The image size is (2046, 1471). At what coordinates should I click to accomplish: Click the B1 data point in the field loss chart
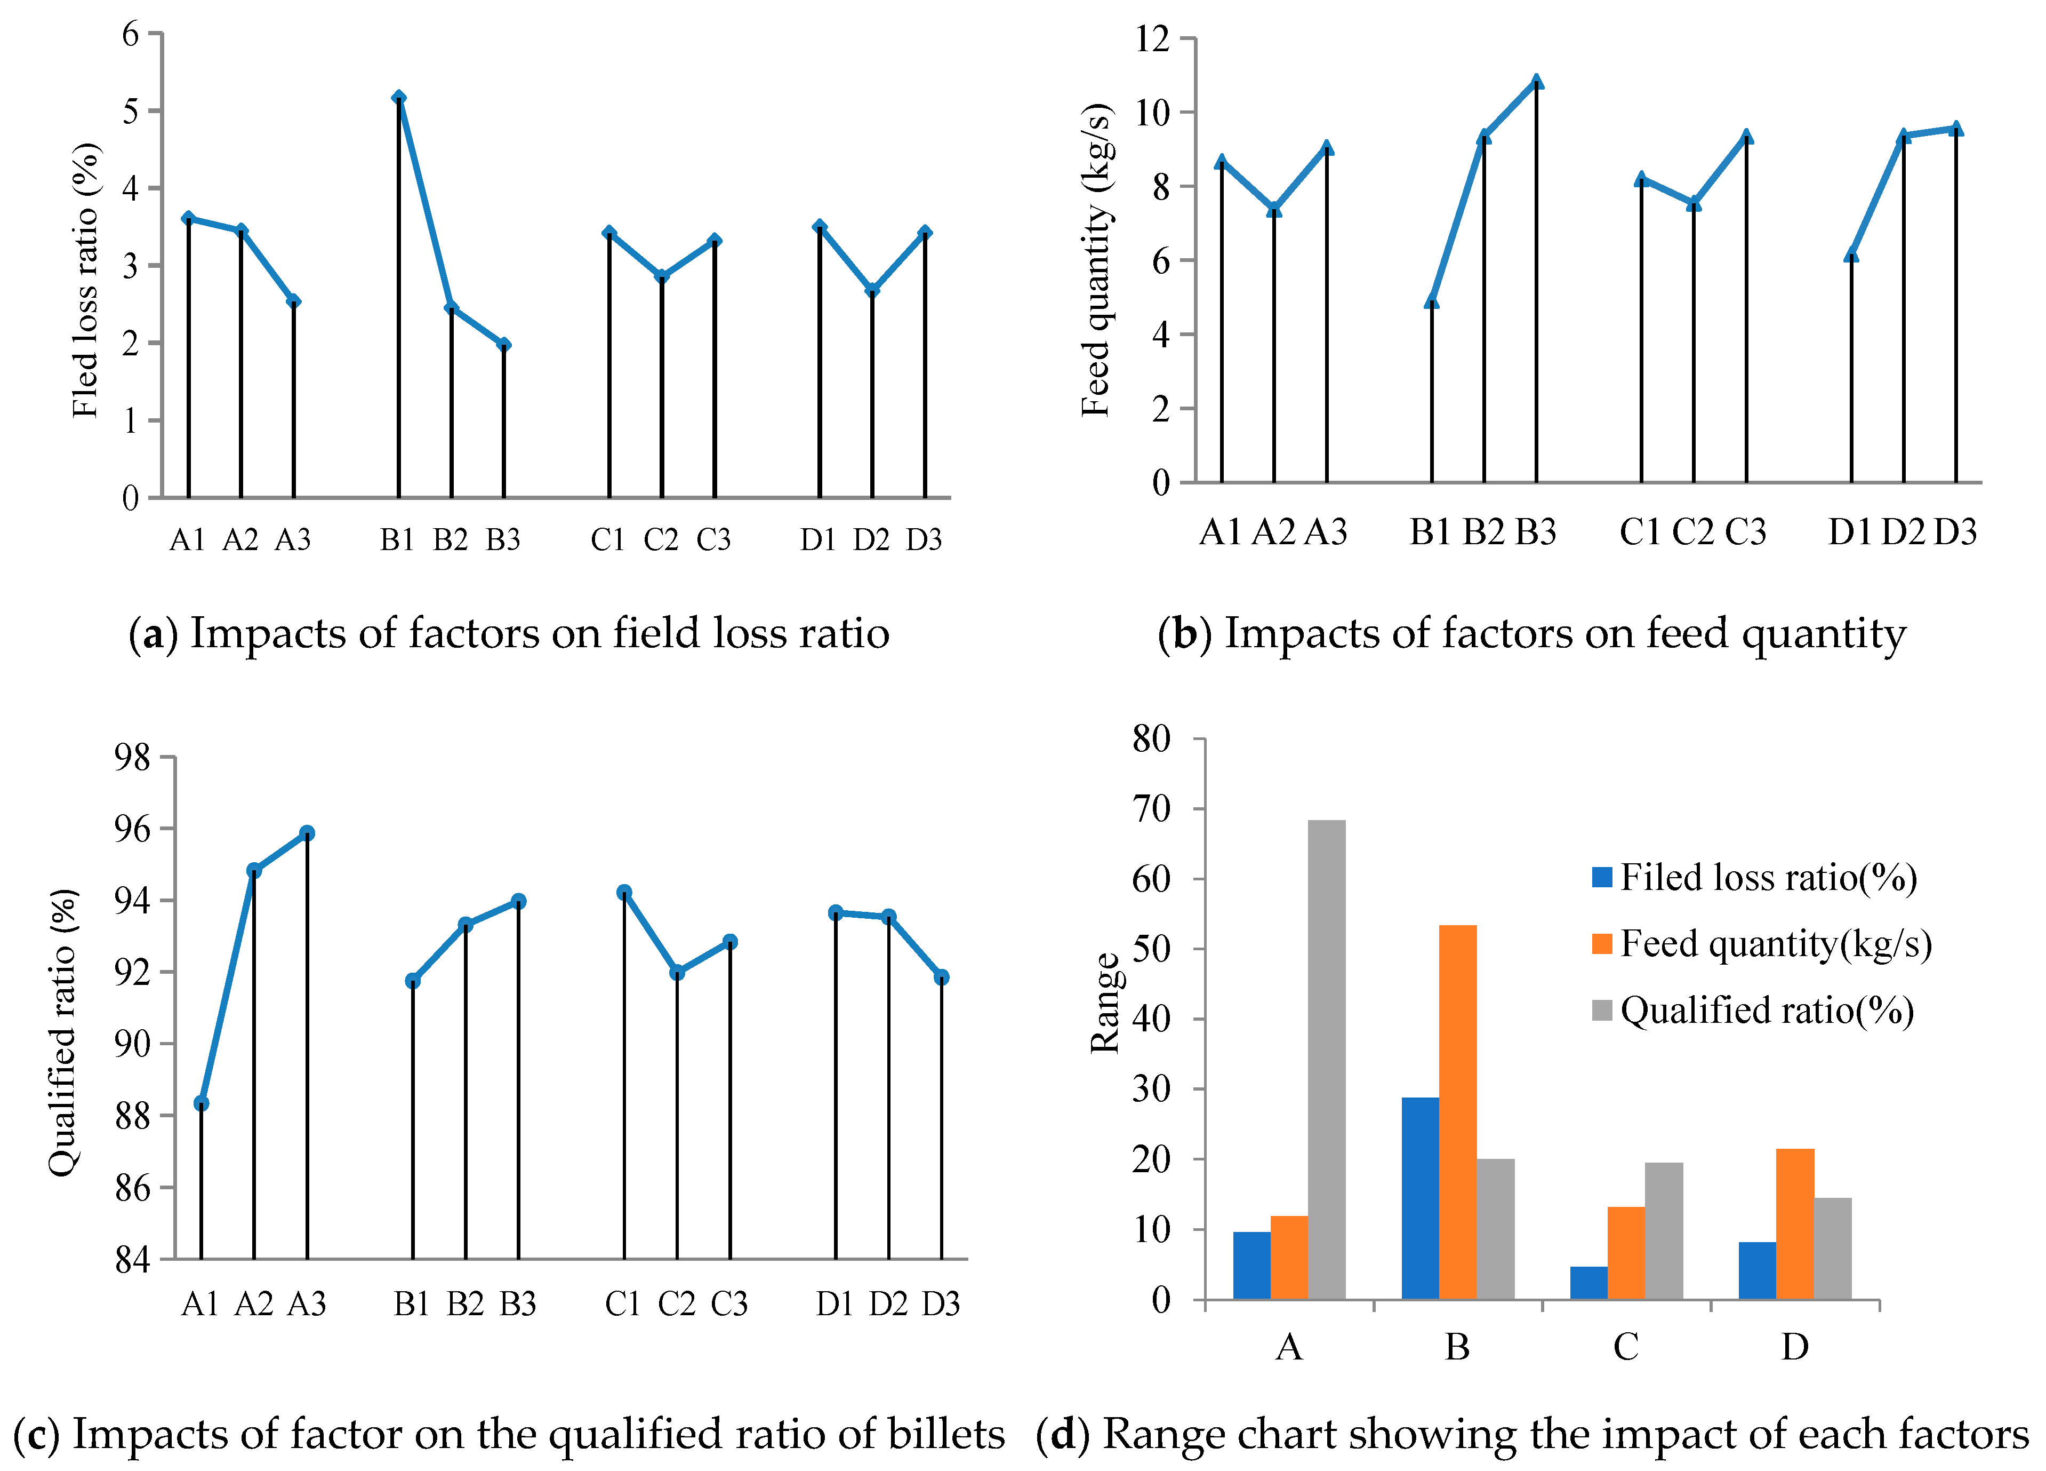pos(399,98)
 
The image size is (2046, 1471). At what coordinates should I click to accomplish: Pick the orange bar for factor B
pos(1458,1112)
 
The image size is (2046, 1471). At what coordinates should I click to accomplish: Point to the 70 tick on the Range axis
pos(1152,809)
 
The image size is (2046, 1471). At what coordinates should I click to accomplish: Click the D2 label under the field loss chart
pos(871,539)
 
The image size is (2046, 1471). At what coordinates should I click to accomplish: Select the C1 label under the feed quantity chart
pos(1640,532)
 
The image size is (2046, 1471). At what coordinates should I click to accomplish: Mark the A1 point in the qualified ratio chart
pos(201,1103)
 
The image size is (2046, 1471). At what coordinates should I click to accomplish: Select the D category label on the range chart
pos(1794,1347)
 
